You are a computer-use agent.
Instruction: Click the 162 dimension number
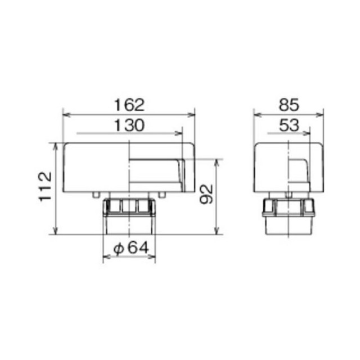tap(129, 105)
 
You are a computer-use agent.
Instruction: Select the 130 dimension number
tap(129, 125)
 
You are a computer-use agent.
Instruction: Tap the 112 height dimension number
tap(45, 187)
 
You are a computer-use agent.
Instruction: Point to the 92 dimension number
tap(206, 194)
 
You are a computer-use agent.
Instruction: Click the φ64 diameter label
tap(131, 248)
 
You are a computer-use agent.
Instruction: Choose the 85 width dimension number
tap(289, 105)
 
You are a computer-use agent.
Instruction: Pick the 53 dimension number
tap(289, 125)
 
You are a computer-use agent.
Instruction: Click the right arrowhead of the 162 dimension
tap(191, 115)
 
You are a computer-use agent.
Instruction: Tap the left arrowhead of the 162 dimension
tap(66, 115)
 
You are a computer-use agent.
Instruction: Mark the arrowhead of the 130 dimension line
tap(179, 133)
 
